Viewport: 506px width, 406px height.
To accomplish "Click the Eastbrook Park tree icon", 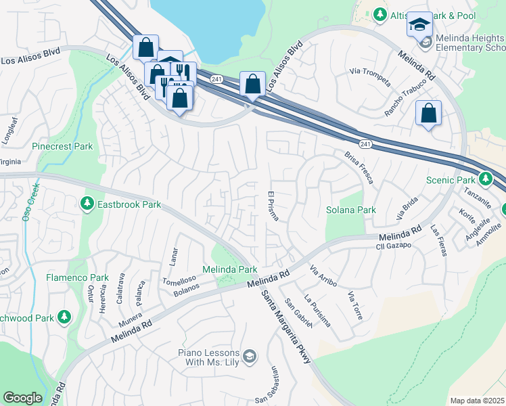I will tap(87, 204).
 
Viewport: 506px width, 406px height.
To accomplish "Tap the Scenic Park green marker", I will tap(485, 179).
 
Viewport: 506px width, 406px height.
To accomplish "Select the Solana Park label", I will tap(351, 210).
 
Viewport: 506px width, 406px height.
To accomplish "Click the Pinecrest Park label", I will tap(62, 146).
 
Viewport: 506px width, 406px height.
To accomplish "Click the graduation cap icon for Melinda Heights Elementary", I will tap(419, 26).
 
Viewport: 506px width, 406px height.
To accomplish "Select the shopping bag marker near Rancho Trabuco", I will tap(429, 112).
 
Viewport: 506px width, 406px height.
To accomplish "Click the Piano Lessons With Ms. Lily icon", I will tap(250, 357).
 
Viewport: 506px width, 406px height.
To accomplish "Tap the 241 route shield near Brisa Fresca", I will tap(365, 144).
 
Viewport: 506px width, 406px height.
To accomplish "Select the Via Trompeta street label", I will tap(370, 77).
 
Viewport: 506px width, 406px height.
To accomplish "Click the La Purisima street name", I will tap(317, 311).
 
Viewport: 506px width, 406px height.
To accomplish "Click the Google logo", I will tap(22, 398).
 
